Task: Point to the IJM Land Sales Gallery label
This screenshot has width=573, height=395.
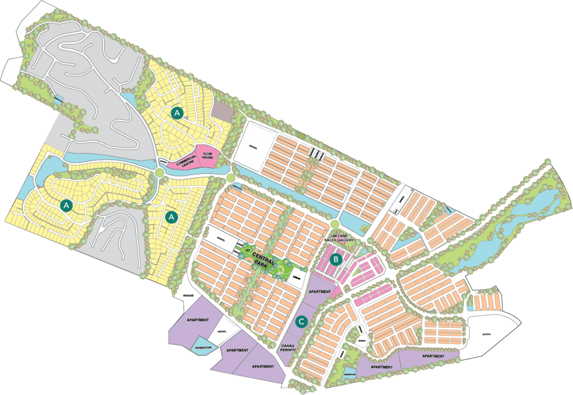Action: click(342, 239)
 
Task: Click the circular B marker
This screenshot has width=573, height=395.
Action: click(335, 258)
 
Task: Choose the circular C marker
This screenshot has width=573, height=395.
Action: click(302, 322)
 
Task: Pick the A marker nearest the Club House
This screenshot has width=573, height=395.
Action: click(177, 113)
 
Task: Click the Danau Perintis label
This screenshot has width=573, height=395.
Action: click(289, 347)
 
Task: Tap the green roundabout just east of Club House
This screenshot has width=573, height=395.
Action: click(230, 178)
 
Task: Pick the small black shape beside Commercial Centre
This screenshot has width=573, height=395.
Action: click(163, 162)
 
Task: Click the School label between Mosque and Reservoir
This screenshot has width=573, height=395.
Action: click(222, 331)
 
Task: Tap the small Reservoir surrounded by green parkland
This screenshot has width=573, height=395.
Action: click(350, 374)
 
